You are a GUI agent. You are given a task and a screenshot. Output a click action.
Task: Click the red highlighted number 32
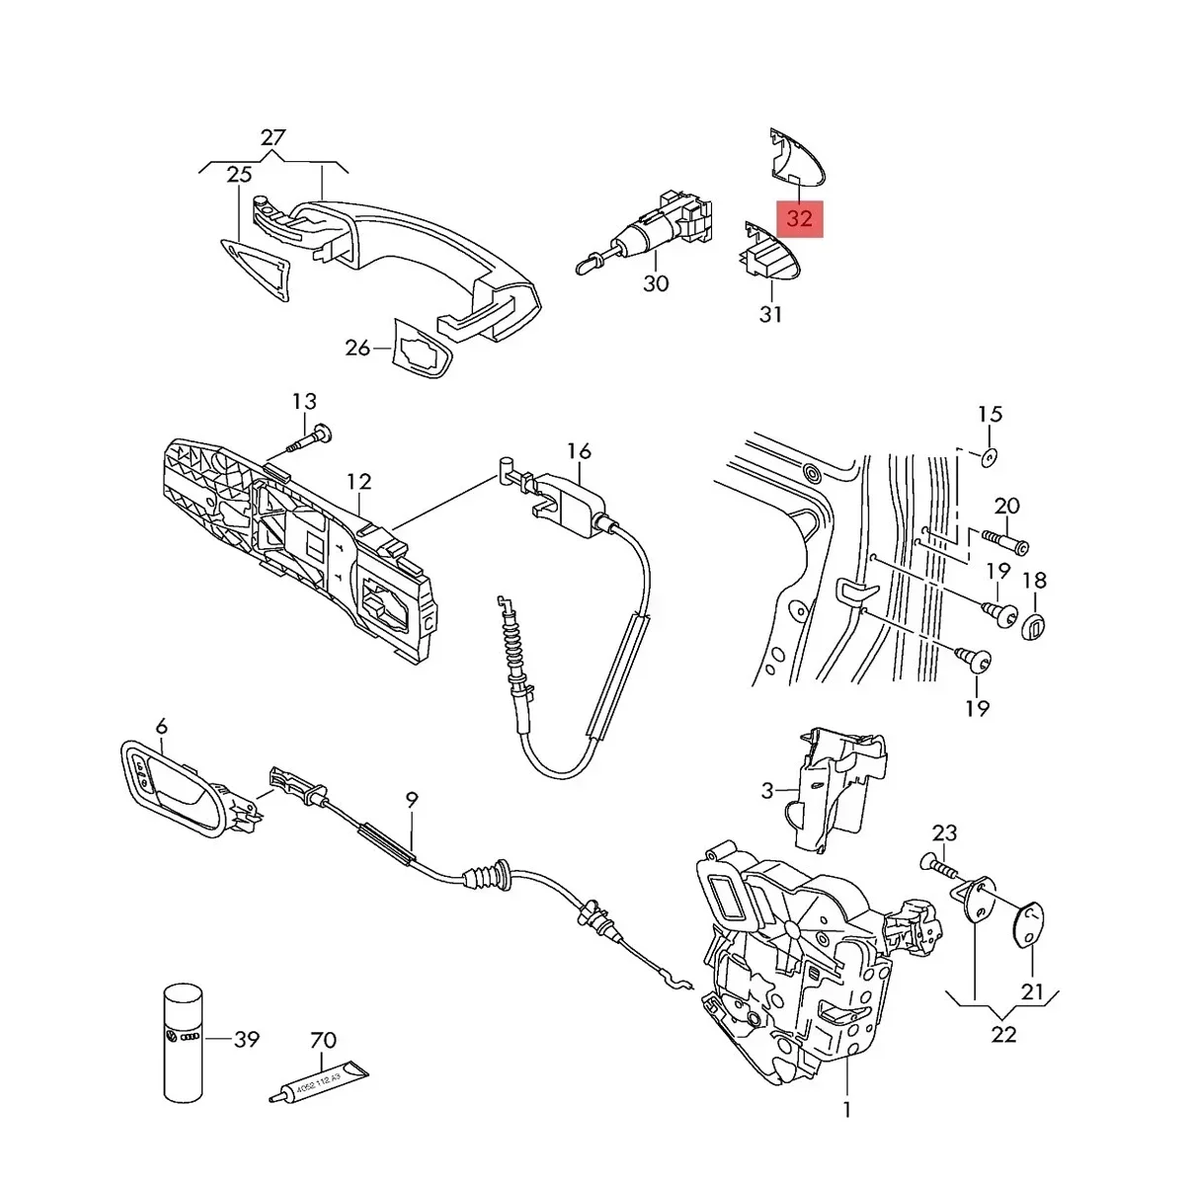799,217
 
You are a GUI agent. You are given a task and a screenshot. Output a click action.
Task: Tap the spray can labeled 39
183,1041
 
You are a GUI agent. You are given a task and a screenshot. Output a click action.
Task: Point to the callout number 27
273,137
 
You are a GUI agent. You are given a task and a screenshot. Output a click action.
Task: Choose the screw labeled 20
1004,541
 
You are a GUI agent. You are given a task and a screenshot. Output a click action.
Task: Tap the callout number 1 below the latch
846,1109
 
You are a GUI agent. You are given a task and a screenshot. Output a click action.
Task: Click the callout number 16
579,451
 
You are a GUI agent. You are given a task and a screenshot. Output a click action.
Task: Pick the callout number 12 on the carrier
359,482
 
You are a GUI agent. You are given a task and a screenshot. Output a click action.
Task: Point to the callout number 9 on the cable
412,800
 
